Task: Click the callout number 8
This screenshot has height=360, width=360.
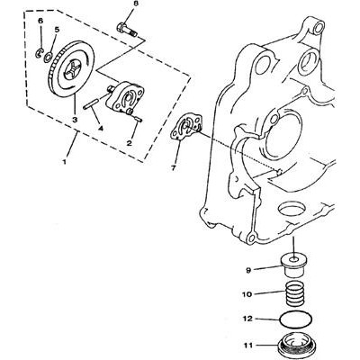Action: [136, 4]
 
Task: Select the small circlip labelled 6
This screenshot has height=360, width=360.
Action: [39, 53]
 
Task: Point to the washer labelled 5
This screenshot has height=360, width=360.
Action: [48, 57]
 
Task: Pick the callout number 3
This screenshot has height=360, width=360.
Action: [75, 119]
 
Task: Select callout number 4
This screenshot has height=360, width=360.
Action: [100, 129]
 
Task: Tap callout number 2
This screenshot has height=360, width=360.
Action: [130, 143]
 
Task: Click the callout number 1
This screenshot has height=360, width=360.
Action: [64, 162]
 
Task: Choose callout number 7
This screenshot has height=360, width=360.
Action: [173, 168]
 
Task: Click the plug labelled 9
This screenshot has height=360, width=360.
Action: [294, 265]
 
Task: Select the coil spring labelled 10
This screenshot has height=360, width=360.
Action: [294, 294]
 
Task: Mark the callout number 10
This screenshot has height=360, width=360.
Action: [247, 294]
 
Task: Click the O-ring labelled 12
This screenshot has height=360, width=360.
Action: [296, 319]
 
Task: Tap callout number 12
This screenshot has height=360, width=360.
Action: [247, 319]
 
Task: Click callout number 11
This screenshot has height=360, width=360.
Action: [247, 346]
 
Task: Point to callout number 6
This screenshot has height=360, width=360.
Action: [40, 21]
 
